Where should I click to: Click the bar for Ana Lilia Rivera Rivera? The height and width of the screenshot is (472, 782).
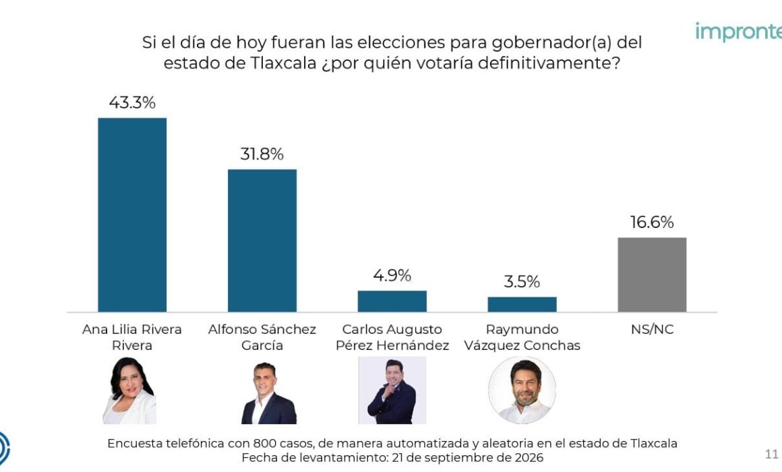click(132, 215)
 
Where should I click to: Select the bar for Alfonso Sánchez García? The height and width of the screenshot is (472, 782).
click(262, 241)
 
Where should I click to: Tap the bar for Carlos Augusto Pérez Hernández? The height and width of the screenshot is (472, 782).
click(392, 301)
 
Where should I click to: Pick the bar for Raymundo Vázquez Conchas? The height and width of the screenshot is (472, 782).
click(522, 304)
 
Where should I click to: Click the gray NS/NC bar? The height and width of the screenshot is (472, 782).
click(652, 275)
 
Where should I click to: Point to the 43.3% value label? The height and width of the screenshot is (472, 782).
click(132, 102)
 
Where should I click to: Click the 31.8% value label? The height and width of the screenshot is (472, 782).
click(262, 154)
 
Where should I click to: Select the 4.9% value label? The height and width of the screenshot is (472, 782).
click(392, 275)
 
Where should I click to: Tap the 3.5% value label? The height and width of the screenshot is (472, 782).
click(522, 282)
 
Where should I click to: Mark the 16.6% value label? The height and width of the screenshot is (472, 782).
click(652, 223)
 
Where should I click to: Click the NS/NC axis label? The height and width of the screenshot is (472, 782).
click(652, 329)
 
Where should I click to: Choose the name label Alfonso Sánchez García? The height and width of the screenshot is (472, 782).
click(262, 337)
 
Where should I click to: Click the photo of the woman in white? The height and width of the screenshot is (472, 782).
click(129, 390)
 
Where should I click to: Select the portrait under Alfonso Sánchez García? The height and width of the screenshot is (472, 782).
click(268, 393)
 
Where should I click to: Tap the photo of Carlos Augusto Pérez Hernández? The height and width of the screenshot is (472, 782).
click(392, 390)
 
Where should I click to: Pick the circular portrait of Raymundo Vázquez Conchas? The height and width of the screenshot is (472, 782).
click(522, 390)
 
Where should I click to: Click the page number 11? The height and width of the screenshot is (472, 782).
click(771, 454)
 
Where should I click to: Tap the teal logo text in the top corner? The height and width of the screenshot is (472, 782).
click(739, 32)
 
